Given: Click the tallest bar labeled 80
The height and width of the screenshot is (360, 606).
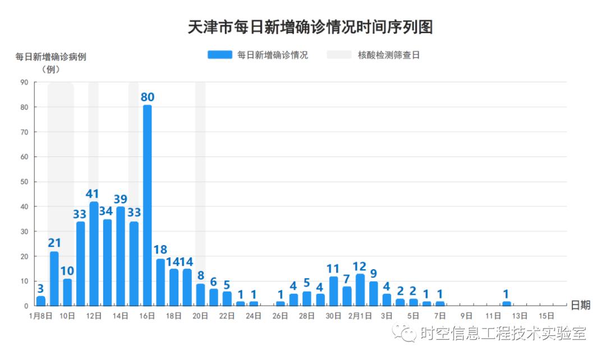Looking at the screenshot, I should [147, 205].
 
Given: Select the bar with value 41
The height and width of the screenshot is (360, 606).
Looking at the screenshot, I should [94, 253].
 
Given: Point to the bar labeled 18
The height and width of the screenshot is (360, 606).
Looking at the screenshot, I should [160, 282].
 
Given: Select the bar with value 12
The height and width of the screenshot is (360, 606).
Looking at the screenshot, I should [360, 289].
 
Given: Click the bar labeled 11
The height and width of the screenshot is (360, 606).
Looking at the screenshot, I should [334, 290].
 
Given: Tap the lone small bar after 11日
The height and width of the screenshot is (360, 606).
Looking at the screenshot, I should [507, 303].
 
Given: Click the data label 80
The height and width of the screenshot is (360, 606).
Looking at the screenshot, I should [147, 97].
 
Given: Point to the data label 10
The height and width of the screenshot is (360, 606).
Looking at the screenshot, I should [67, 271].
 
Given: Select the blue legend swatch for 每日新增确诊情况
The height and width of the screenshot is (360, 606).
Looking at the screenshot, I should [219, 55].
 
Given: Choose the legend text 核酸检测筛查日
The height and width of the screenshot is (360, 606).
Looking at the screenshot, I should [389, 55].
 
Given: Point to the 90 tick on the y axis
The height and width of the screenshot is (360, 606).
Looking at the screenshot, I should [24, 82].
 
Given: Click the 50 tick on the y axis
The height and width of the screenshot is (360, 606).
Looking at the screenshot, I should [24, 182].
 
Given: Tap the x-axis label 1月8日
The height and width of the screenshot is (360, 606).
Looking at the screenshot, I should [40, 316].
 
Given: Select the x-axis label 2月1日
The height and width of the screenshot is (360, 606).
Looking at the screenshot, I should [360, 316].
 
